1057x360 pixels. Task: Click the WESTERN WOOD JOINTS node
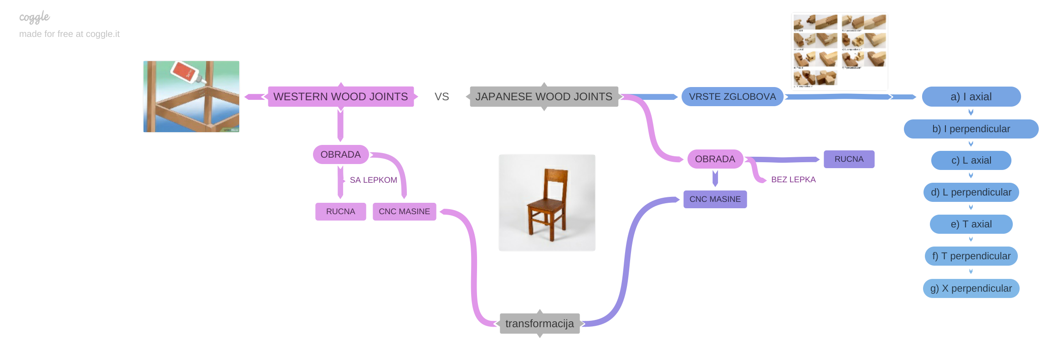click(340, 97)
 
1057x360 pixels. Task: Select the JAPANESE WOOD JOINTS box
click(544, 97)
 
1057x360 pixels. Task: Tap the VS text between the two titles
click(441, 97)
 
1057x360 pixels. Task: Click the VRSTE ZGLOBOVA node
click(732, 97)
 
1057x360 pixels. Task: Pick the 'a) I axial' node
click(971, 97)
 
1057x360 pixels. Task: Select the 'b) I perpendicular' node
click(971, 129)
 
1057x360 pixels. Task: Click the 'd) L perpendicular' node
click(971, 192)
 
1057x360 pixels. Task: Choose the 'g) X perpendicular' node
click(971, 288)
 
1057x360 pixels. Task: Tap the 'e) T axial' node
click(971, 224)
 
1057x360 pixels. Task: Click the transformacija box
click(539, 324)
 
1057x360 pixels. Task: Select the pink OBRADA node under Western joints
click(340, 154)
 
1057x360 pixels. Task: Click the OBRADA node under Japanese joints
click(715, 159)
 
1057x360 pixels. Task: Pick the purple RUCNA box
click(849, 159)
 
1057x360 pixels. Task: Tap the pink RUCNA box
click(340, 211)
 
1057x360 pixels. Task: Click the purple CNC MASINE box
click(715, 199)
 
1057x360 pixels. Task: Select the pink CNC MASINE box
click(404, 211)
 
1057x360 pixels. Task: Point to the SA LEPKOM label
click(373, 180)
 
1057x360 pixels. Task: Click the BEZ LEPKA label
click(793, 180)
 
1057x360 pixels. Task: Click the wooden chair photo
click(547, 203)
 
